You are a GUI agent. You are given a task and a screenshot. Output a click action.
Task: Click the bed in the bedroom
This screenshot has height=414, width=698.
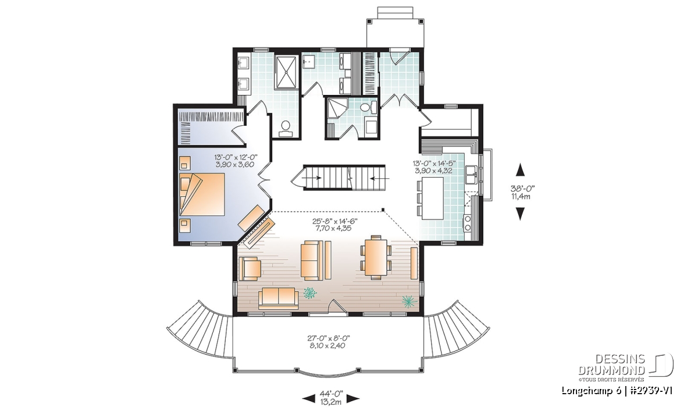click(202, 194)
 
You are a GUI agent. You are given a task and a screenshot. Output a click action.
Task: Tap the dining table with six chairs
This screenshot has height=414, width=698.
click(376, 257)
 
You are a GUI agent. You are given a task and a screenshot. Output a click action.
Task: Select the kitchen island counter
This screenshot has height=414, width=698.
click(433, 198)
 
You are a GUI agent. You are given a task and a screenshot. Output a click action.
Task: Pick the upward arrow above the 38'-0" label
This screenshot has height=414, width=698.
click(521, 170)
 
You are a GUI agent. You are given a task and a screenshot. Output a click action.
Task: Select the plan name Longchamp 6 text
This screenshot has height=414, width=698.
click(587, 391)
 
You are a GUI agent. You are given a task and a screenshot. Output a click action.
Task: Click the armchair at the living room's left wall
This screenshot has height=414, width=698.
click(250, 268)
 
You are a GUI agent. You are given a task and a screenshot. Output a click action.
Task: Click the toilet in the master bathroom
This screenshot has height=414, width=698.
click(286, 129)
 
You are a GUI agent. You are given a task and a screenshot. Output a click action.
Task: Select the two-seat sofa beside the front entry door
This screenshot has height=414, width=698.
click(278, 299)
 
